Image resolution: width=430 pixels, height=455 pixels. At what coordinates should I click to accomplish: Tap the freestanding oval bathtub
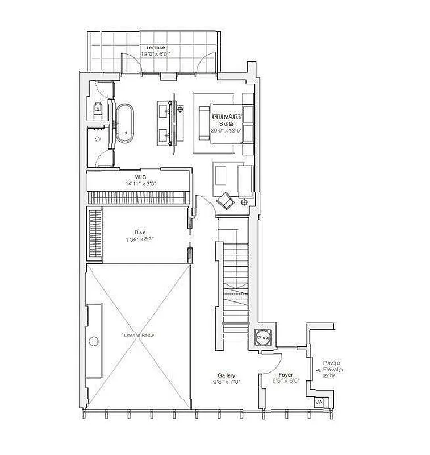[x=125, y=122]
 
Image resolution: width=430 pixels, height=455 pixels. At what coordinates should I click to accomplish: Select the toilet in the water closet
[x=97, y=107]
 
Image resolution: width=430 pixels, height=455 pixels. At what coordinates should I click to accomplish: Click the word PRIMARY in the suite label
[x=227, y=117]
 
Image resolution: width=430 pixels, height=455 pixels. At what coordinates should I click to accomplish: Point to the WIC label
[x=138, y=177]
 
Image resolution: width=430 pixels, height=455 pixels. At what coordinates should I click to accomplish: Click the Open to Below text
[x=139, y=336]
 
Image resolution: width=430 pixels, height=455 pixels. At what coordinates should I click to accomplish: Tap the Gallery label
[x=227, y=375]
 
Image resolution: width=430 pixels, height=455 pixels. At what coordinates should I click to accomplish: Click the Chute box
[x=263, y=337]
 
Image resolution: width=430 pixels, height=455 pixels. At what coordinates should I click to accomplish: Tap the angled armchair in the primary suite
[x=226, y=201]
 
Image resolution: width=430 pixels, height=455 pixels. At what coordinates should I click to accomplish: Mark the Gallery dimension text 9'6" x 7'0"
[x=227, y=382]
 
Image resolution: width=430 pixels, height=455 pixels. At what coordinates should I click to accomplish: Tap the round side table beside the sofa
[x=244, y=201]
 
